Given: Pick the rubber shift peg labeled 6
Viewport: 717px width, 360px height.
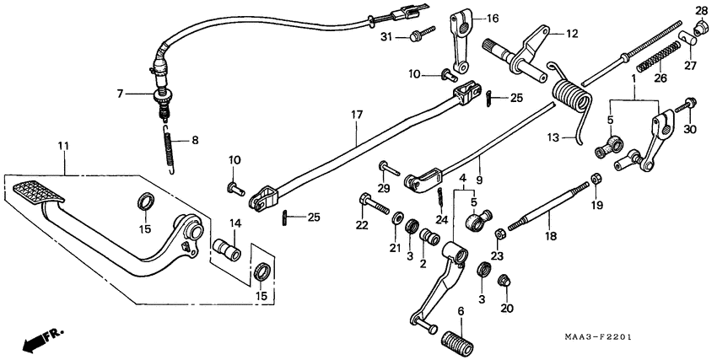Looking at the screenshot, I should click(x=457, y=341).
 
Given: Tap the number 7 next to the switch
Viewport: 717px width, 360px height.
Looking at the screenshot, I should click(x=121, y=94).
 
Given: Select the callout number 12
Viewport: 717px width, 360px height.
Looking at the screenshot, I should click(x=571, y=34).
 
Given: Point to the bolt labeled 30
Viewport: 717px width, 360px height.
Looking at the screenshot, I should click(x=687, y=105).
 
